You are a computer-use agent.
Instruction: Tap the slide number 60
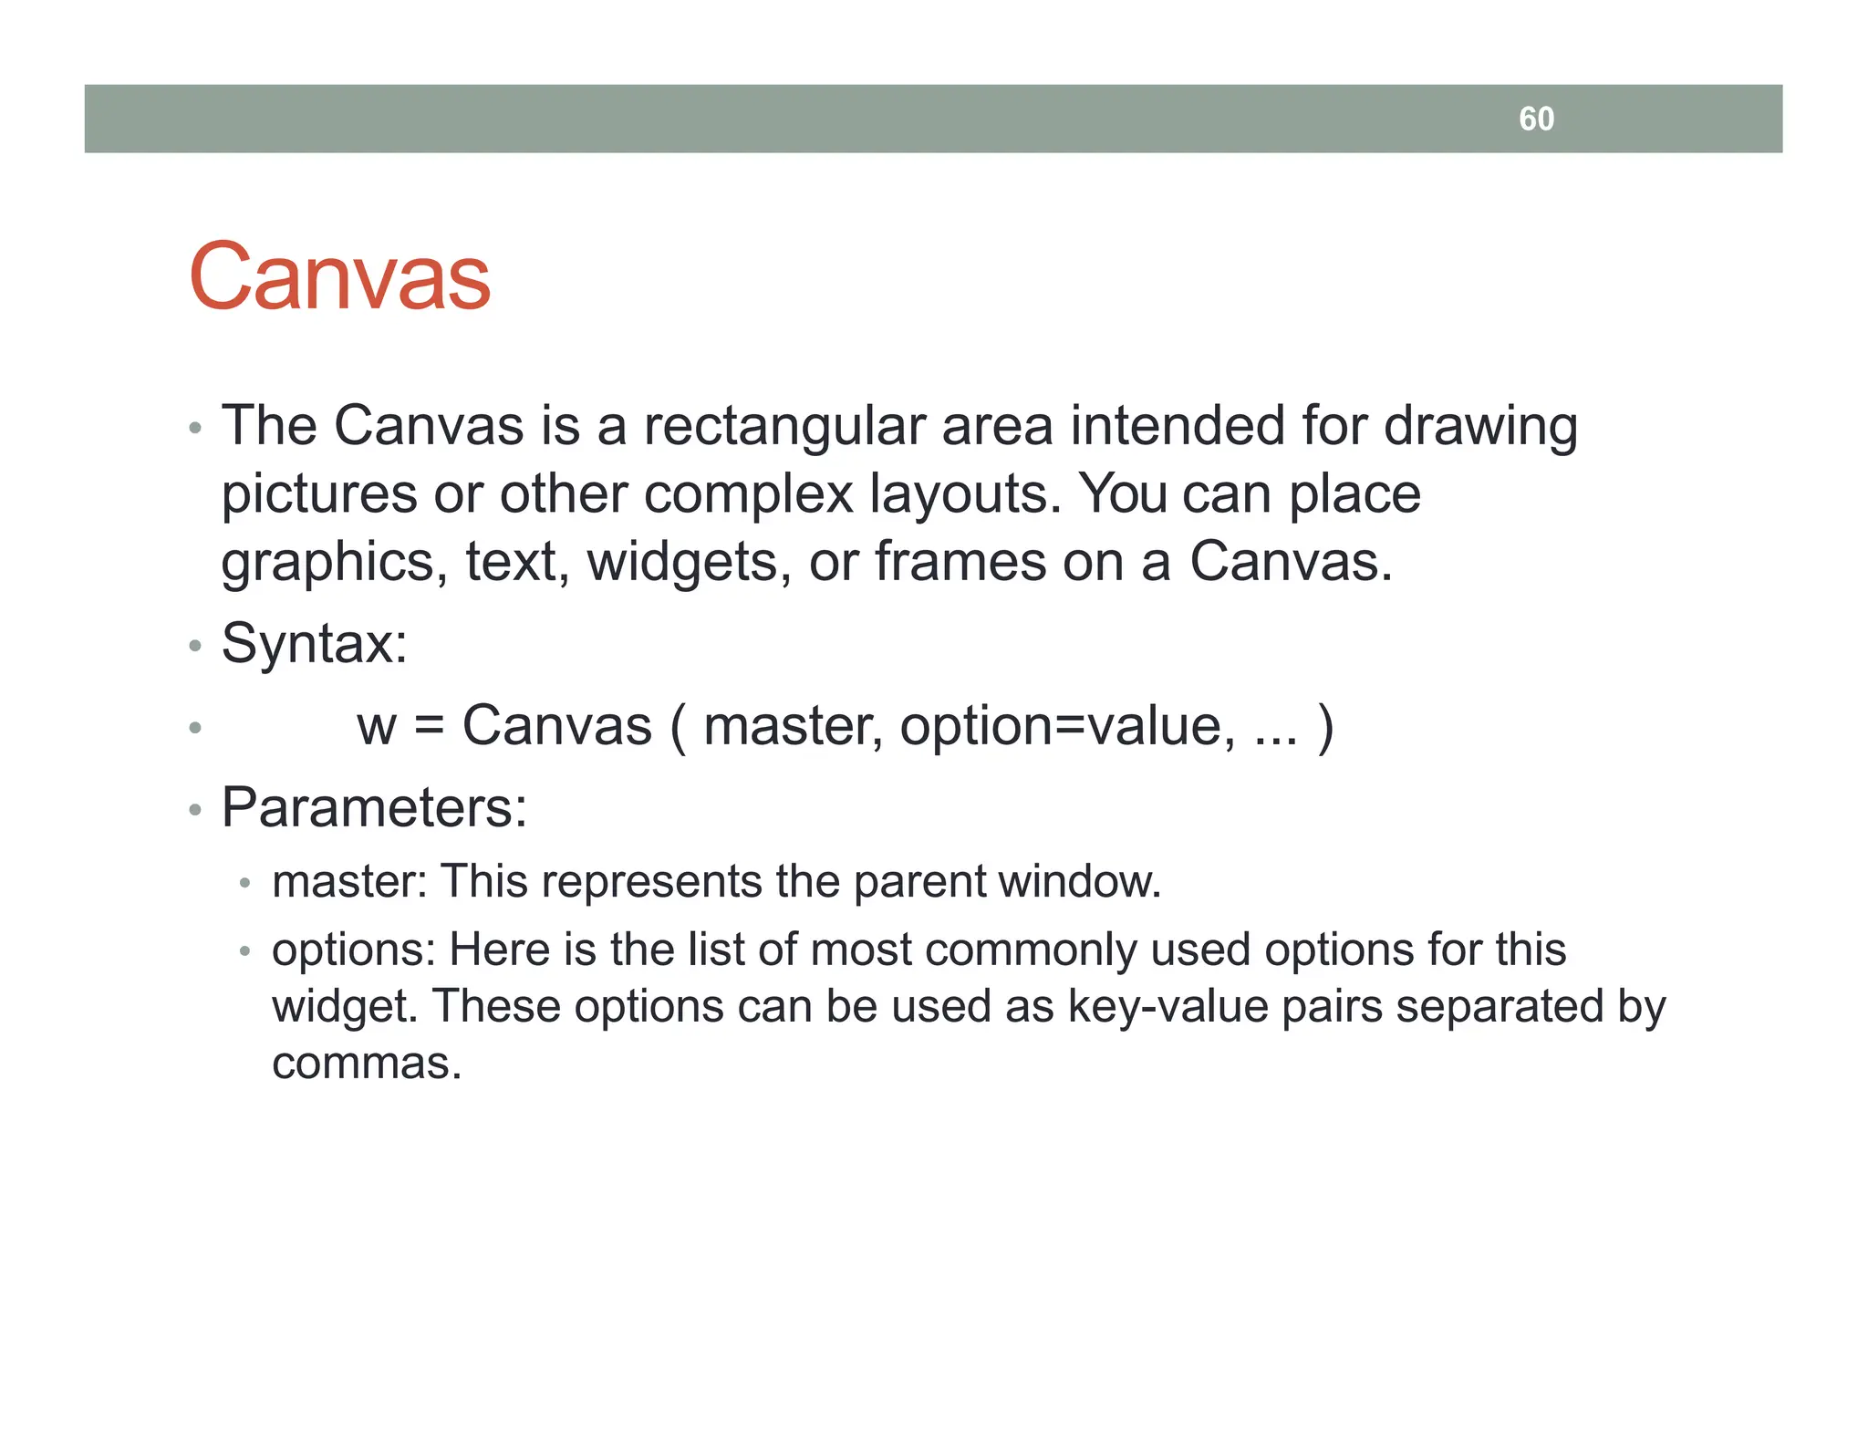pyautogui.click(x=1536, y=119)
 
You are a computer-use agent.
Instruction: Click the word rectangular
pyautogui.click(x=783, y=426)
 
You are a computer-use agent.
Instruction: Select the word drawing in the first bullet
pyautogui.click(x=1480, y=426)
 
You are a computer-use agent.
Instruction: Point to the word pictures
pyautogui.click(x=319, y=494)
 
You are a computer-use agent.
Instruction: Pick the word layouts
pyautogui.click(x=965, y=494)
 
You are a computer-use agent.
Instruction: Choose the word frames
pyautogui.click(x=960, y=562)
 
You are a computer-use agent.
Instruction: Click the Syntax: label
pyautogui.click(x=315, y=644)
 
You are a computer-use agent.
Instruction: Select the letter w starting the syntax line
pyautogui.click(x=376, y=727)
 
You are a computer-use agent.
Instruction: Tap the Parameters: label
pyautogui.click(x=374, y=808)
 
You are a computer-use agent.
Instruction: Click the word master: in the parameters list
pyautogui.click(x=349, y=882)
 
